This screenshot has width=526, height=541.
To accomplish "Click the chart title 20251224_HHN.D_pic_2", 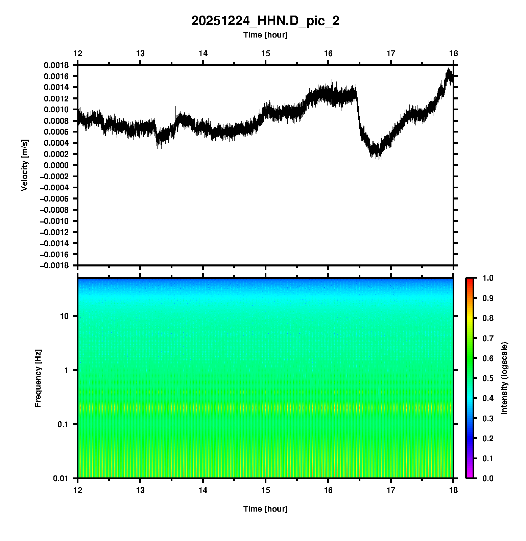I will coord(265,21).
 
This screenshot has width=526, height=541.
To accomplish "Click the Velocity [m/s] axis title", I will coord(24,165).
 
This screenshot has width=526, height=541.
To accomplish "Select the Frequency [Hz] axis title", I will coord(38,378).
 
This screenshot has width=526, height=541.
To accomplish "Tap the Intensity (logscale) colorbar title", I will coord(504,378).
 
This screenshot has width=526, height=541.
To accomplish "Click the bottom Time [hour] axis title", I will coord(265,509).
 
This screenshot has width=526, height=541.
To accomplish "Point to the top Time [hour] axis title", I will coord(265,35).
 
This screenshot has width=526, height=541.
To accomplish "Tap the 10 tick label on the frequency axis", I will coord(64,316).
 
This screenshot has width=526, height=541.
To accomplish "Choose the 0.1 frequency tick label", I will coord(63,424).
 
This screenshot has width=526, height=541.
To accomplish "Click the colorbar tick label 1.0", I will coord(488,278).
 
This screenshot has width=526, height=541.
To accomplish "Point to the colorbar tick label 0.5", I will coord(488,378).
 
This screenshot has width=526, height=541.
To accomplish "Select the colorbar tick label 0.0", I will coord(488,478).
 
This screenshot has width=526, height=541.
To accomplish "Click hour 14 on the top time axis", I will coord(203,53).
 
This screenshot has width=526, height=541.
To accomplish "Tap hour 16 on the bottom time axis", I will coord(328,490).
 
